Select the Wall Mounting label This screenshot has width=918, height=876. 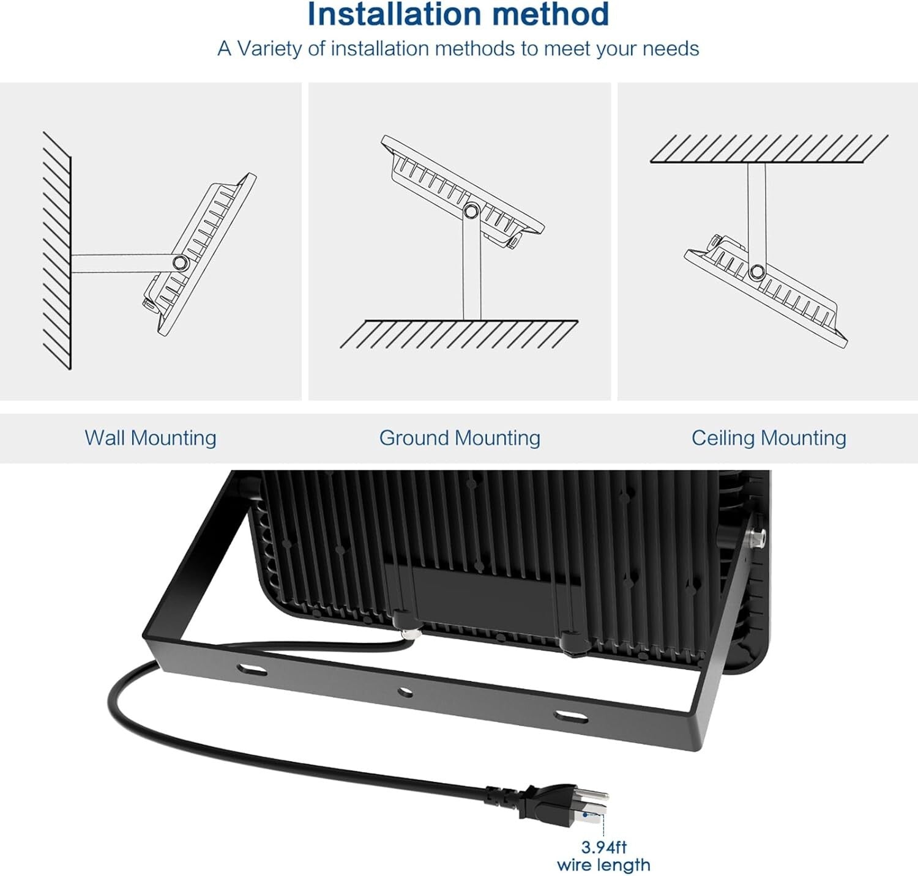click(151, 438)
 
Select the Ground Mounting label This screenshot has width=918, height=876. click(460, 438)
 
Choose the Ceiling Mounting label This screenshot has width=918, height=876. click(769, 438)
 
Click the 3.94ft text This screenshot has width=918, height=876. click(603, 847)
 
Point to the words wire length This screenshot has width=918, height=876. click(603, 865)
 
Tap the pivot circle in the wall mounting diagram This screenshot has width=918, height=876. click(180, 263)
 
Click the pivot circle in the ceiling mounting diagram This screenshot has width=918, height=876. click(757, 271)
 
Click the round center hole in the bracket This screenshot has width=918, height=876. click(405, 692)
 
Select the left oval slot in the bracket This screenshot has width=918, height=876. click(253, 670)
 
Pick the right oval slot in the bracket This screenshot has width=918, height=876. click(570, 716)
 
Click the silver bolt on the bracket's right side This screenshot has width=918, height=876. click(759, 538)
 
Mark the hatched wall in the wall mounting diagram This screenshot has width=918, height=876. click(57, 251)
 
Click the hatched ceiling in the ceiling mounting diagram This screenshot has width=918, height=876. click(769, 149)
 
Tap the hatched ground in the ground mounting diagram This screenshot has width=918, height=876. click(459, 334)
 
